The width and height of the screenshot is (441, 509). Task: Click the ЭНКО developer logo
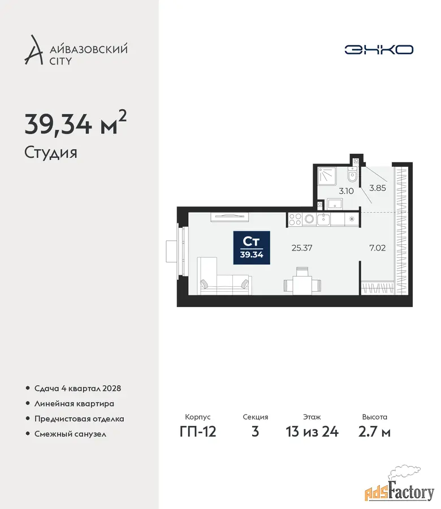click(379, 50)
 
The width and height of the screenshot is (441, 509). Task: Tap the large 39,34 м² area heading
click(76, 123)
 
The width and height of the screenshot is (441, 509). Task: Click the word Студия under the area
click(51, 153)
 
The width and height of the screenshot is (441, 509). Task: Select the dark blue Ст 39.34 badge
click(252, 247)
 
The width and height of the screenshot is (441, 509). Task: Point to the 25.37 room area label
click(302, 248)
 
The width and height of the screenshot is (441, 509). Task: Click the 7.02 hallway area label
click(378, 248)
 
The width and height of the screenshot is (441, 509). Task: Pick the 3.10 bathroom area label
click(346, 191)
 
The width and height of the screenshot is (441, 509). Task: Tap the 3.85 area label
click(378, 188)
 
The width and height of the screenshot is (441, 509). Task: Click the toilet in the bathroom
click(352, 175)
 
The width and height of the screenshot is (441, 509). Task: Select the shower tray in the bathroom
click(327, 176)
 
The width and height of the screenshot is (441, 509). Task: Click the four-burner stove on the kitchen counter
click(295, 219)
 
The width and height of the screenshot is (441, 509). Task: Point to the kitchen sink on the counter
click(323, 219)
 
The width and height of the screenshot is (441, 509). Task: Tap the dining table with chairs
click(302, 282)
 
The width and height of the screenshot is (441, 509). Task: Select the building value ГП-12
click(198, 432)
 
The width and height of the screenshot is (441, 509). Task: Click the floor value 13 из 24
click(312, 432)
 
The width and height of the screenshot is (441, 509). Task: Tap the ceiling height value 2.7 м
click(374, 432)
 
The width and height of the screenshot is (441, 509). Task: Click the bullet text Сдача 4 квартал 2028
click(77, 388)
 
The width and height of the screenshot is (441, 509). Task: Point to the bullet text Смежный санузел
click(71, 434)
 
